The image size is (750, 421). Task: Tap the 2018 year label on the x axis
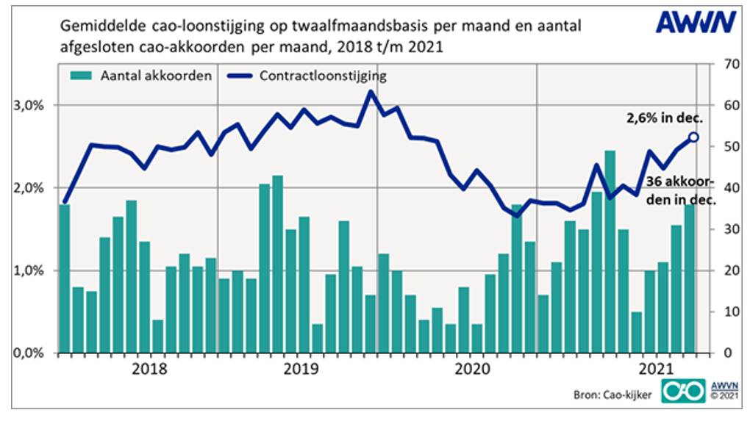point(150,367)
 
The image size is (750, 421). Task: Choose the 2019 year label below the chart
point(301,367)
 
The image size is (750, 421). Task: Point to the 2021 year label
point(657,367)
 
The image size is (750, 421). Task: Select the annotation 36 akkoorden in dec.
point(681,190)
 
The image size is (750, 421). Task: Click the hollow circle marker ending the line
point(693,137)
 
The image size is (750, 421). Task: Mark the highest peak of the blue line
point(371,92)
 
